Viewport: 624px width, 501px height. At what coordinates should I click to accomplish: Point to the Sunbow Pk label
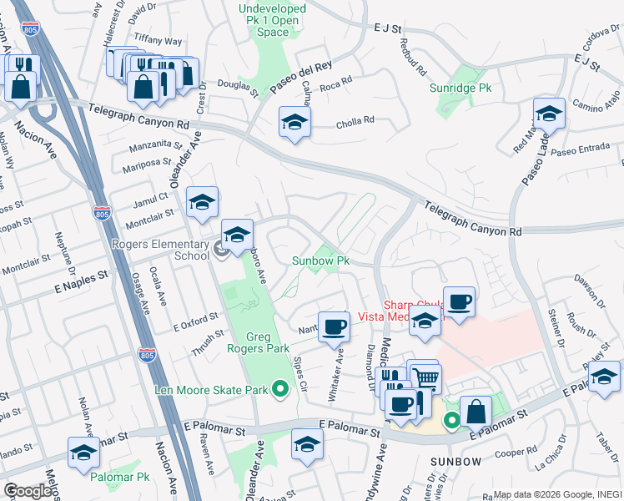(x=320, y=261)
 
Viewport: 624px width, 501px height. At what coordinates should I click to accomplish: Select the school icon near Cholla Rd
(x=294, y=122)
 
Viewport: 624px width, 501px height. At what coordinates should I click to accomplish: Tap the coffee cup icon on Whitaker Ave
(x=334, y=326)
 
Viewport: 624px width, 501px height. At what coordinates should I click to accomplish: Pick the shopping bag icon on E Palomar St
(x=476, y=411)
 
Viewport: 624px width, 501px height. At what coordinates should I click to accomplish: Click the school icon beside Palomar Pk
(x=83, y=452)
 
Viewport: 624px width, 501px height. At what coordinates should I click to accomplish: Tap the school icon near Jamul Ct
(x=202, y=202)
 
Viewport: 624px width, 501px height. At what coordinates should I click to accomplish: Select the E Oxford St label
(x=194, y=321)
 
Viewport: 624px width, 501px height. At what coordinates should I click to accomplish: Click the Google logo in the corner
(x=28, y=491)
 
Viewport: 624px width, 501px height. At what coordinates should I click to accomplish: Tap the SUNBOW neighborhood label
(x=455, y=462)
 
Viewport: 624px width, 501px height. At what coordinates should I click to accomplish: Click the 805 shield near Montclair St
(x=102, y=214)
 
